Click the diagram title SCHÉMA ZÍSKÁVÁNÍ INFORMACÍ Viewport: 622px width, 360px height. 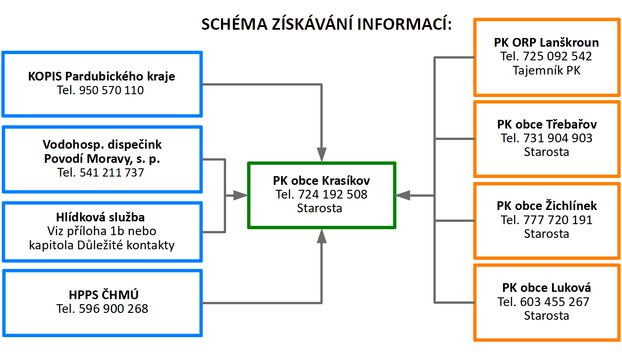click(x=326, y=24)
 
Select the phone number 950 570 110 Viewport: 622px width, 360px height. click(x=111, y=90)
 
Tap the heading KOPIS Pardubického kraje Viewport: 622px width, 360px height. click(x=102, y=76)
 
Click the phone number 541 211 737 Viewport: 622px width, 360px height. click(x=112, y=172)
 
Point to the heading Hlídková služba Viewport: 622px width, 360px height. click(x=100, y=217)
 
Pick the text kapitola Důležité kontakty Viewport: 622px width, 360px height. click(x=102, y=245)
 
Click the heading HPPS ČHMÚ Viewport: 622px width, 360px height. click(x=103, y=295)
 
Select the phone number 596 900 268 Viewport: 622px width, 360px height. click(x=114, y=309)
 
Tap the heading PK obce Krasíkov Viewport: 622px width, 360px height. click(x=321, y=180)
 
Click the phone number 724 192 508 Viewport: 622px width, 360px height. click(x=333, y=194)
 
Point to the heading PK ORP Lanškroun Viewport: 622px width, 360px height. click(x=546, y=43)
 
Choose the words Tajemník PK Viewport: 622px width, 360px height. click(x=546, y=70)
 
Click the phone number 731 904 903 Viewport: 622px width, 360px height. click(x=557, y=138)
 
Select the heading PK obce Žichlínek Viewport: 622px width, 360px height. click(x=546, y=206)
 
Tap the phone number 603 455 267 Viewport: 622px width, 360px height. click(x=555, y=302)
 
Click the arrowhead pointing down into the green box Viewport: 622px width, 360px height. click(x=322, y=155)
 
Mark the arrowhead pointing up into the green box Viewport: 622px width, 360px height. click(x=322, y=236)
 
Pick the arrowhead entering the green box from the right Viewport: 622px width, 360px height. click(x=403, y=195)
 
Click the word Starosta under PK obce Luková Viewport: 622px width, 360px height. click(x=546, y=316)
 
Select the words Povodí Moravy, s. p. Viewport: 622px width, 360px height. click(x=102, y=159)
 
